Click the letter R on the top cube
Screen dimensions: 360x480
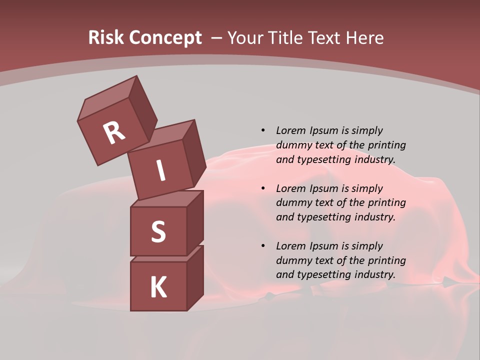coord(114,133)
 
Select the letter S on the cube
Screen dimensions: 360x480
coord(158,231)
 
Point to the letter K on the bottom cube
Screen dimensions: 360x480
coord(158,287)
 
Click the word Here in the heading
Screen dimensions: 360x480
coord(365,37)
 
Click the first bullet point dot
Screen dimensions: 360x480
coord(263,130)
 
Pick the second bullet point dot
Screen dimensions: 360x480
coord(263,188)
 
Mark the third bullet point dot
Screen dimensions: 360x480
coord(263,246)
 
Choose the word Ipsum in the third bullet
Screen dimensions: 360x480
coord(323,246)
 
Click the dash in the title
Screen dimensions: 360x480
coord(216,38)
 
